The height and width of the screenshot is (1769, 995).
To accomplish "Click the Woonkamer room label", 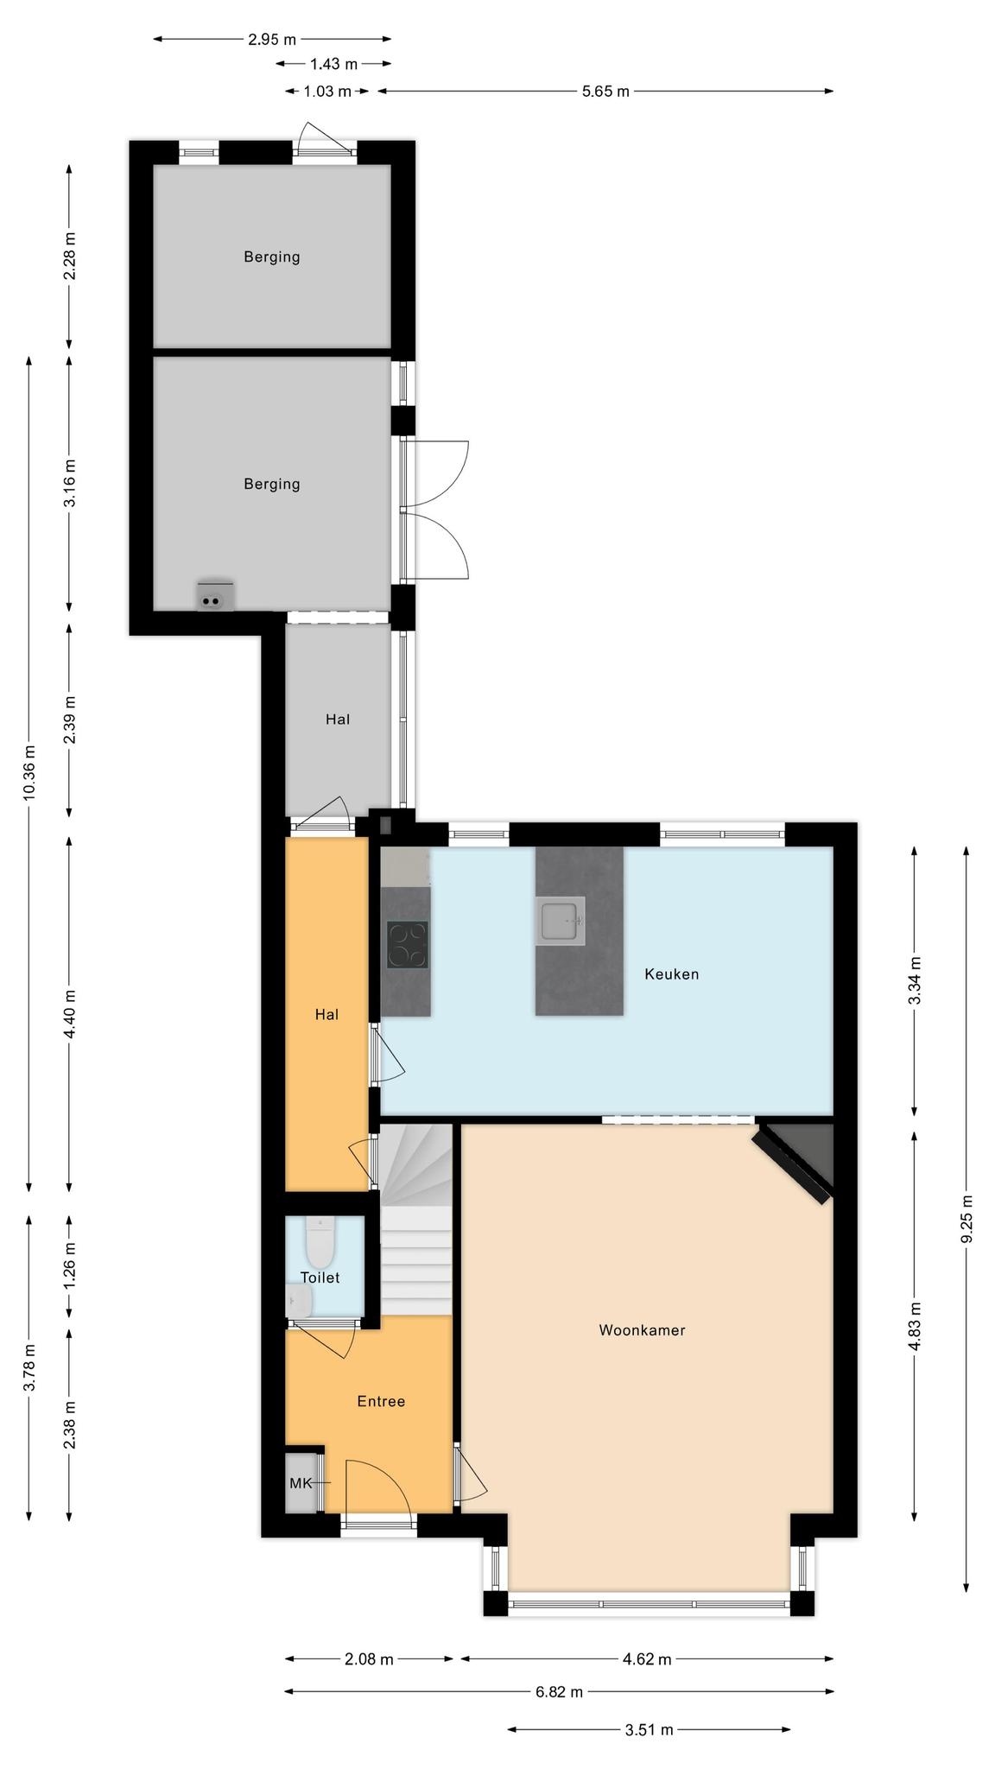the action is pyautogui.click(x=642, y=1329).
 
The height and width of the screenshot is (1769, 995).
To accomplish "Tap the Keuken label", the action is pyautogui.click(x=671, y=973).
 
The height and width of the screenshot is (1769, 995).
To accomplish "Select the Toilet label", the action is pyautogui.click(x=320, y=1277).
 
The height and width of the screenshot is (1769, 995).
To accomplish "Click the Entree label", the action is pyautogui.click(x=381, y=1400).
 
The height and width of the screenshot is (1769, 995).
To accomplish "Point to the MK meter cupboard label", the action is pyautogui.click(x=301, y=1482).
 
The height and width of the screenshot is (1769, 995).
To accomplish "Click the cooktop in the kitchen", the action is pyautogui.click(x=407, y=944).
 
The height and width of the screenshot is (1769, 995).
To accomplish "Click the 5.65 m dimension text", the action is pyautogui.click(x=605, y=91).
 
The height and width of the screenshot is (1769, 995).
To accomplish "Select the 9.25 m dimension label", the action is pyautogui.click(x=966, y=1219).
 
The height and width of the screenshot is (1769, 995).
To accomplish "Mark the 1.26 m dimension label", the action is pyautogui.click(x=70, y=1265).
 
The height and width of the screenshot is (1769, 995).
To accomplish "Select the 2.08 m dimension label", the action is pyautogui.click(x=369, y=1658).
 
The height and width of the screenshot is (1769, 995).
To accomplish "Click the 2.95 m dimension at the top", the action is pyautogui.click(x=271, y=39).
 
